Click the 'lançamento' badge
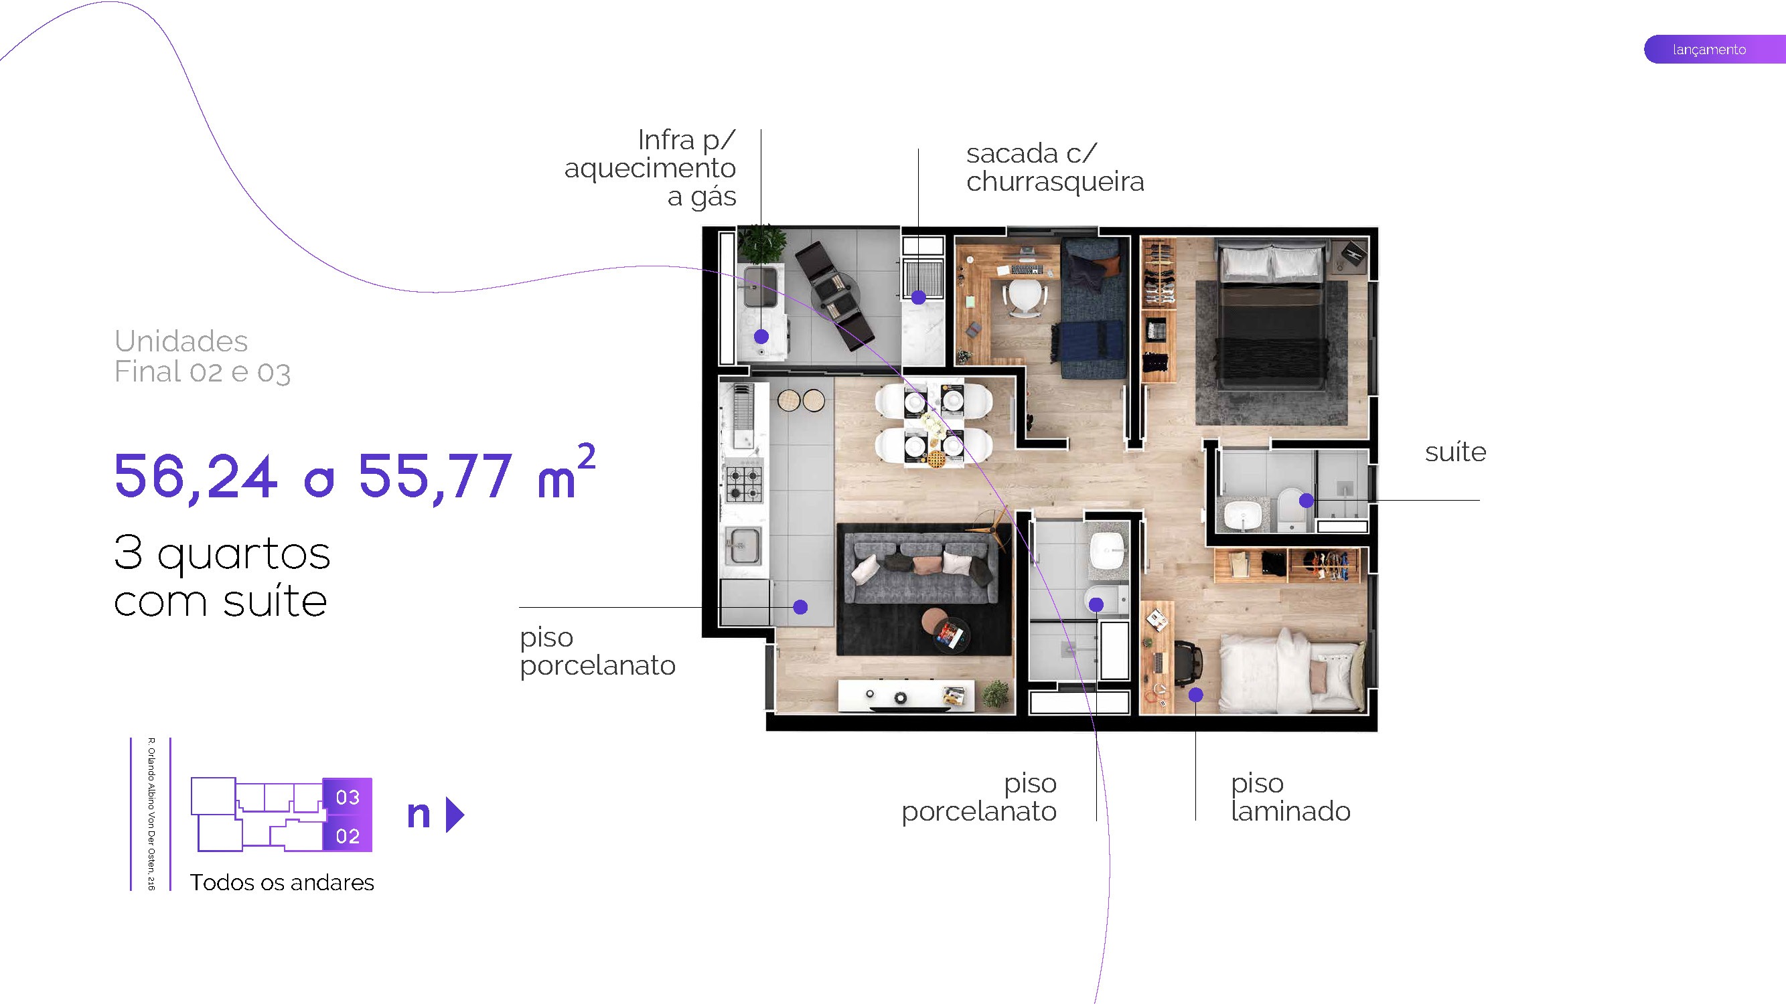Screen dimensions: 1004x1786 [x=1709, y=49]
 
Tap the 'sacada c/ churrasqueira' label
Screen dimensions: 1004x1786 [x=1054, y=168]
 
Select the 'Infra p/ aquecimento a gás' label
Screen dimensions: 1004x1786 [x=650, y=169]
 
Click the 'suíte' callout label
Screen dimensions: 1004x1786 [x=1455, y=452]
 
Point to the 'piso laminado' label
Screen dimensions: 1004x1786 [x=1290, y=797]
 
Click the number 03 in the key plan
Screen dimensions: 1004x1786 [x=348, y=798]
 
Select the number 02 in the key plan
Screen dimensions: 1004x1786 [x=348, y=836]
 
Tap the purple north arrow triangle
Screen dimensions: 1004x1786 [x=454, y=815]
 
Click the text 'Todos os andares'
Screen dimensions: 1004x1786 [x=281, y=883]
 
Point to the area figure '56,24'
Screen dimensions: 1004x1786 [x=196, y=477]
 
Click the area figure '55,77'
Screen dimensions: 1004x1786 [x=435, y=477]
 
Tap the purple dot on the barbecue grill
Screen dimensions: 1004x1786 [x=919, y=298]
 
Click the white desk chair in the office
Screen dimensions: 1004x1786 [x=1023, y=295]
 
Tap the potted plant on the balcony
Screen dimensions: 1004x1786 [x=761, y=242]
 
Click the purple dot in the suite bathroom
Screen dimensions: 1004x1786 [x=1307, y=500]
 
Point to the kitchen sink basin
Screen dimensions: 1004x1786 [x=743, y=546]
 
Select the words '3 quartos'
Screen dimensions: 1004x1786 [x=222, y=554]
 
